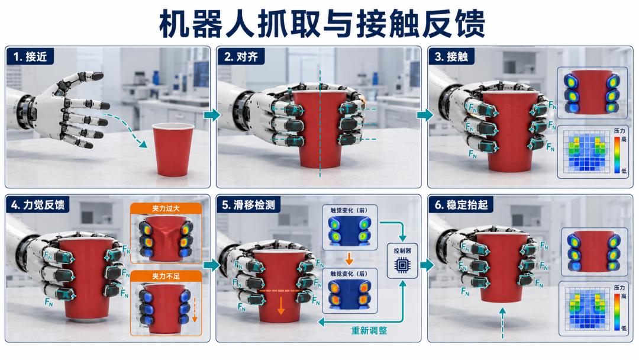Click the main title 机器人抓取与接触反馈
(x=322, y=24)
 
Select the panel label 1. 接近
(x=30, y=57)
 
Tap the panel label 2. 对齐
(x=241, y=57)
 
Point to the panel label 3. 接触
(x=451, y=57)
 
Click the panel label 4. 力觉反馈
(x=37, y=205)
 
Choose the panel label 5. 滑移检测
(x=248, y=205)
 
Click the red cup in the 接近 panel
(x=173, y=149)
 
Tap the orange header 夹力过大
(x=166, y=208)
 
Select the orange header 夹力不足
(x=166, y=276)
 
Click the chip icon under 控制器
(x=402, y=265)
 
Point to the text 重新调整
(x=369, y=330)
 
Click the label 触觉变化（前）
(x=349, y=210)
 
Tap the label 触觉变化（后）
(x=349, y=274)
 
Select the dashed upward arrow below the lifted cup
(x=502, y=323)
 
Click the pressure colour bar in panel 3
(x=617, y=155)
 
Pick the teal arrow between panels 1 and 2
(x=212, y=114)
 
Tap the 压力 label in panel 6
(x=619, y=288)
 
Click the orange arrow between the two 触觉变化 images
(x=349, y=259)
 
